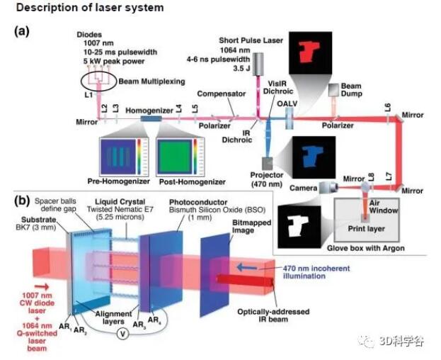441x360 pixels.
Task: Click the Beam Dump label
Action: click(352, 90)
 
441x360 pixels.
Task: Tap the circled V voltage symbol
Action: click(122, 319)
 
